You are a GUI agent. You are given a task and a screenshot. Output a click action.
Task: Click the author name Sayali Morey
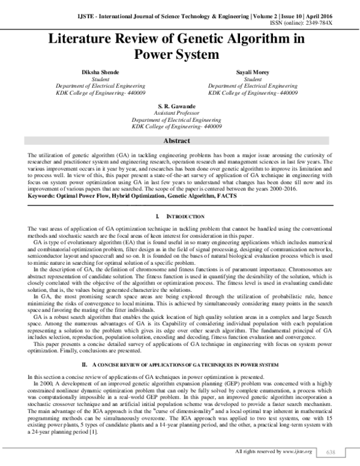(253, 72)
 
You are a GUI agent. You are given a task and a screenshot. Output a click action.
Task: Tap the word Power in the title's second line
(155, 55)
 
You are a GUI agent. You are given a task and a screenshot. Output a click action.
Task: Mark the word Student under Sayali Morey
(253, 79)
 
